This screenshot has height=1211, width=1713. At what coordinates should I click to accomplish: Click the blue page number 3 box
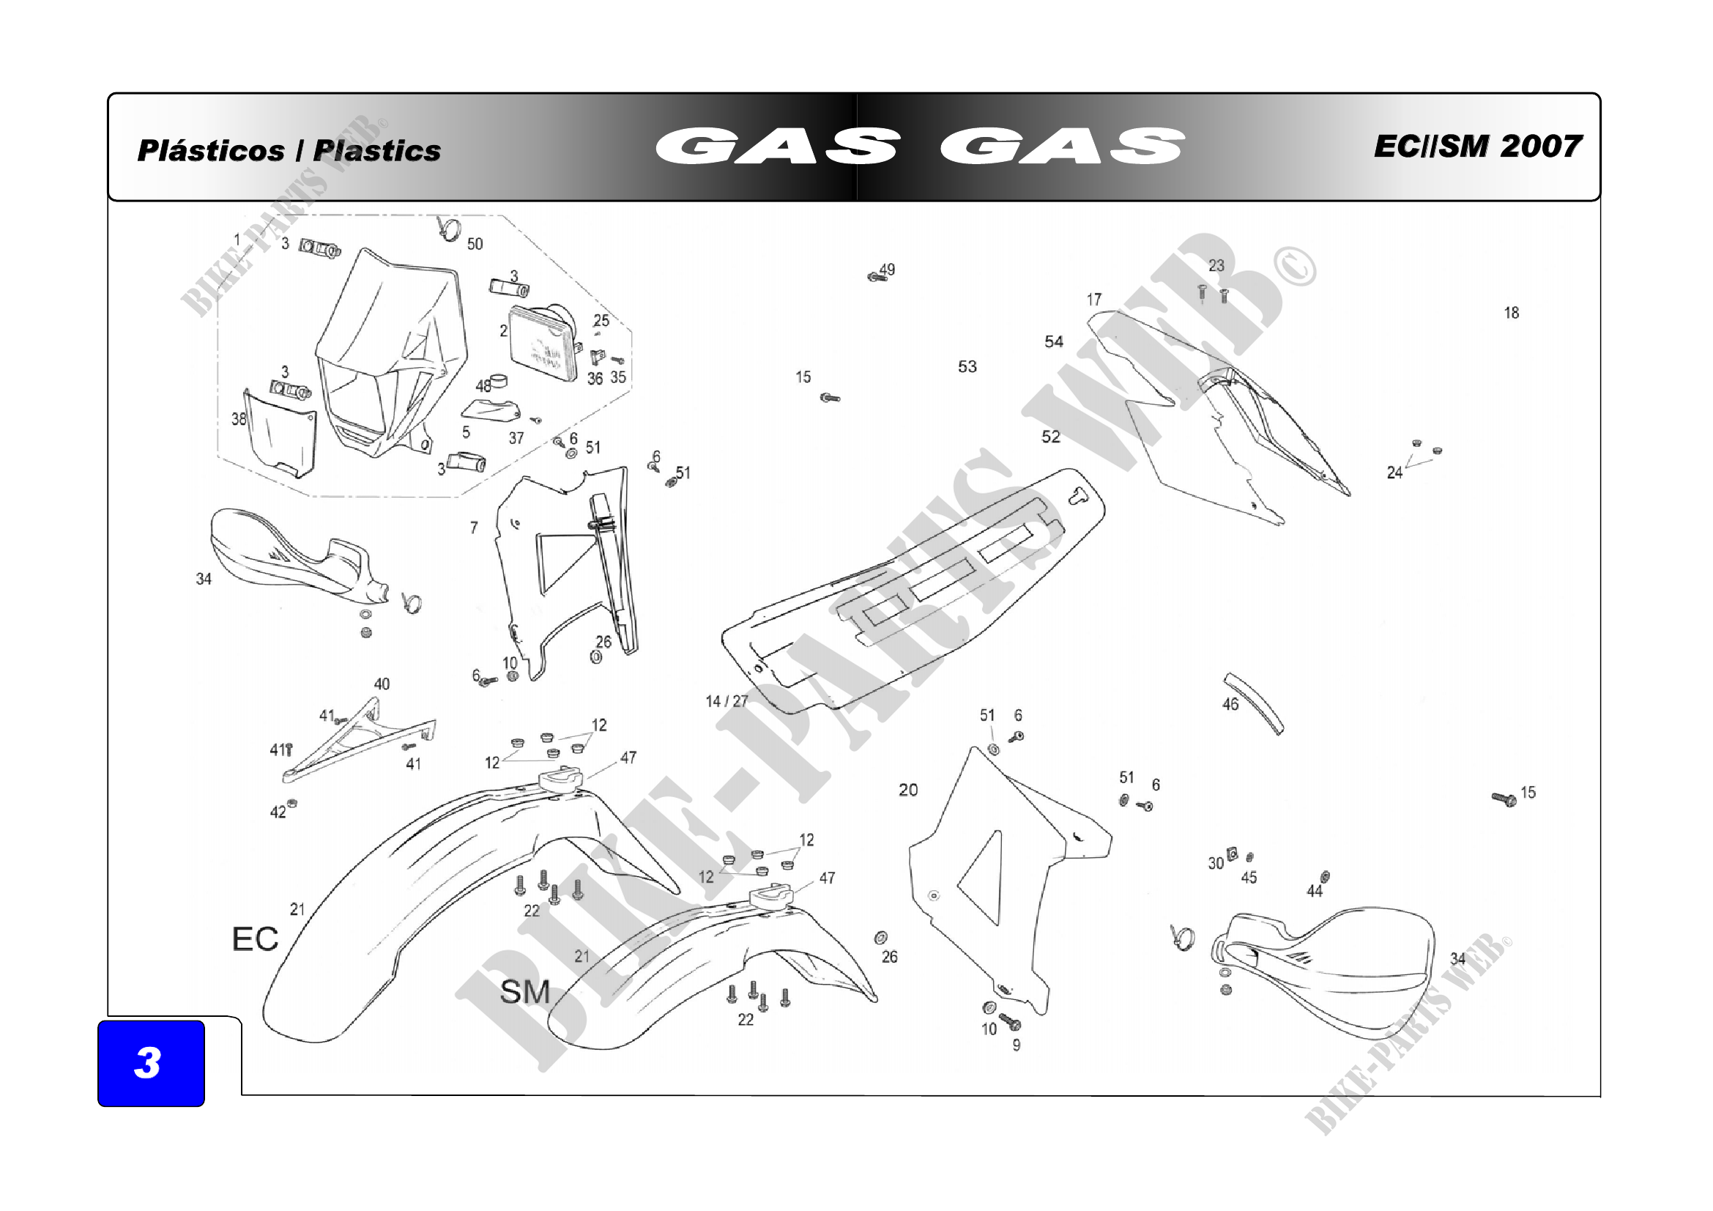coord(151,1062)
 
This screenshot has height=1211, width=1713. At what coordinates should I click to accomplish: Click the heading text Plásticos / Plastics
coord(289,151)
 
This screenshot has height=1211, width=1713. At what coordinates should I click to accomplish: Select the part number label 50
coord(475,244)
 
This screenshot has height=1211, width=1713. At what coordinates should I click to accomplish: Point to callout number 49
coord(887,270)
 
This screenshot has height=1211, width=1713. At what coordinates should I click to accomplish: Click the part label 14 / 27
coord(727,701)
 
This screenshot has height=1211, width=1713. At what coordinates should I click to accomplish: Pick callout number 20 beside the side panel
coord(908,790)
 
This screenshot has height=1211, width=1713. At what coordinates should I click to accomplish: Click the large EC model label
coord(255,939)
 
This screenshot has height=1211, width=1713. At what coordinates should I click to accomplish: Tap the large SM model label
coord(525,993)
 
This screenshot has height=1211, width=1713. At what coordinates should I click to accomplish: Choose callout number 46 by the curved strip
coord(1230,704)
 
